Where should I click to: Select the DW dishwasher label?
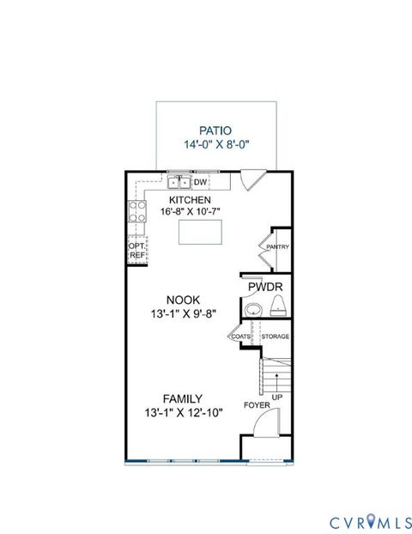tap(200, 182)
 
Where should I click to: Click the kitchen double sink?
tap(179, 182)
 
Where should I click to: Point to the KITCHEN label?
tap(190, 199)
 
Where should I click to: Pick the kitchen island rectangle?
tap(200, 233)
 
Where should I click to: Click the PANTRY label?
tap(277, 247)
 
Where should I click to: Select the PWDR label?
tap(265, 287)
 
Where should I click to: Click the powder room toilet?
tap(277, 306)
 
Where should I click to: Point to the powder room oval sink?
tap(253, 309)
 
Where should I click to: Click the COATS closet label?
tap(240, 337)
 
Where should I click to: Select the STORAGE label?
tap(275, 337)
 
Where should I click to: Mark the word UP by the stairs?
tap(277, 397)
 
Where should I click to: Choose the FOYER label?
tap(257, 404)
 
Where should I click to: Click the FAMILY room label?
tap(183, 398)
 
